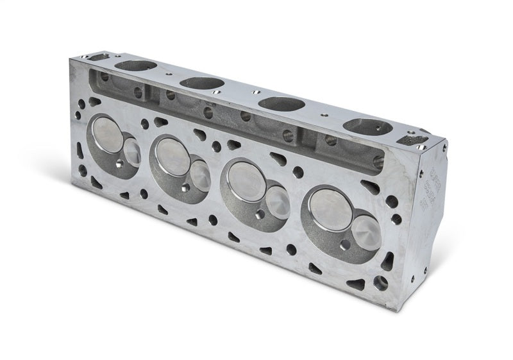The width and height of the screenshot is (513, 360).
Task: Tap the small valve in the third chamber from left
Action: [277, 200]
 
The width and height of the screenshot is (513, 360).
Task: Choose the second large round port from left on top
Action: [199, 83]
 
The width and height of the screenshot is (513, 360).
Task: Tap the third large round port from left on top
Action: [280, 103]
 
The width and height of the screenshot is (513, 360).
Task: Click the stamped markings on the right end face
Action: [428, 186]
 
